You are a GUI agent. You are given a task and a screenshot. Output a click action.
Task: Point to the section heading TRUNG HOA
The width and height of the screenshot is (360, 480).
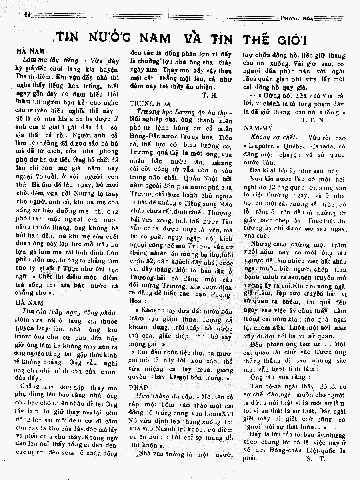[x=145, y=103]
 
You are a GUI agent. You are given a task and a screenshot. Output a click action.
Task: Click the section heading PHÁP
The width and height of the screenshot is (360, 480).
[x=138, y=388]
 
